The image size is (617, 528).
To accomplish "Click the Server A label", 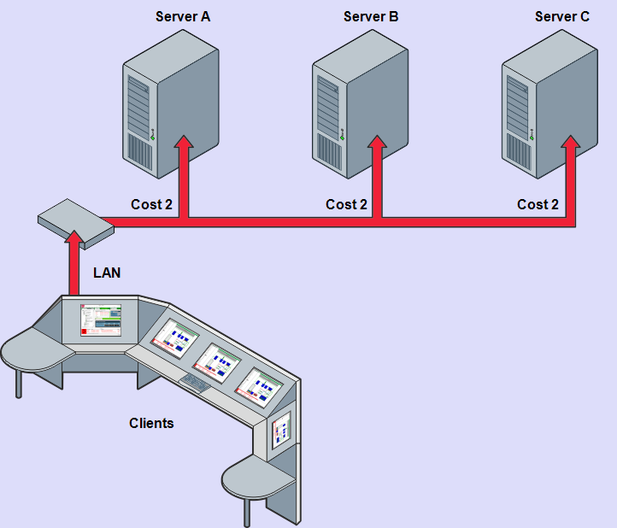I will point(182,16).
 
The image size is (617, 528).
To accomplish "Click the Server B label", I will point(371,16).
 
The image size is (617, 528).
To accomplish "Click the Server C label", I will point(561,16).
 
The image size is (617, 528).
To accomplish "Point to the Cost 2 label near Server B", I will point(346,204).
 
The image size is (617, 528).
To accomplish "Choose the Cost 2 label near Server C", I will point(538,204).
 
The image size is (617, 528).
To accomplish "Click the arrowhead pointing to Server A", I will point(183,142).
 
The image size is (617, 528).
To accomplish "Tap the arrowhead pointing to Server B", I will point(377,142).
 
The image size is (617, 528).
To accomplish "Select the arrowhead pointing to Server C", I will point(570,142).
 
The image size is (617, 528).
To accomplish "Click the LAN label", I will point(107,273).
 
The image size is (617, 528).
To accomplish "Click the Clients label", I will point(151,423).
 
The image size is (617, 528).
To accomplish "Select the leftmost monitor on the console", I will point(101,320).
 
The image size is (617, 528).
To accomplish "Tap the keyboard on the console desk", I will point(196,382).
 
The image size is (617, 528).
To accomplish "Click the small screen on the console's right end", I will point(280,432).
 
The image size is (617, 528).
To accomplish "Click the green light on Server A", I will point(154,132).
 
